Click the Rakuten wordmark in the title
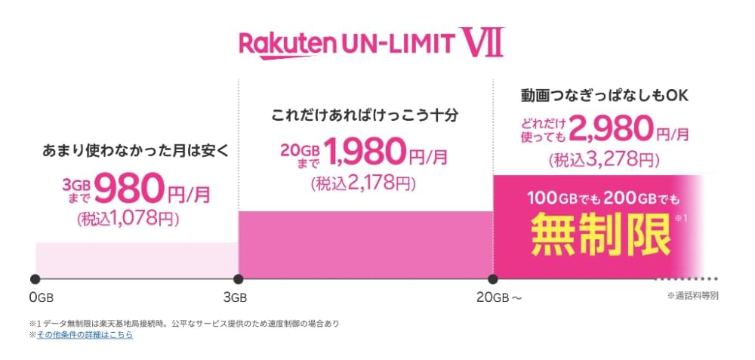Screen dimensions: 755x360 pos(287,44)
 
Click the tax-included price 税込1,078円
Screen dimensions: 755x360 pos(128,219)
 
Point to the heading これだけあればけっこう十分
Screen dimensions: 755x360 pos(364,116)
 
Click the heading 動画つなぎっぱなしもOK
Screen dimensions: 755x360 pos(605,95)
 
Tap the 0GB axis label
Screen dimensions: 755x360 pos(42,298)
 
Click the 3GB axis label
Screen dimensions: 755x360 pos(235,298)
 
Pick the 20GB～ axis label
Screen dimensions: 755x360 pos(499,298)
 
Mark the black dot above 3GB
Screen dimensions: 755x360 pos(238,279)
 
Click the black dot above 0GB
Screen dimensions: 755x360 pos(35,279)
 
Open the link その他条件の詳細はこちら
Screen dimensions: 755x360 pos(85,335)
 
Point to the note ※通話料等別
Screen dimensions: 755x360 pos(693,296)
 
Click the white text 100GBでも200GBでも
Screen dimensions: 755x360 pos(602,198)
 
